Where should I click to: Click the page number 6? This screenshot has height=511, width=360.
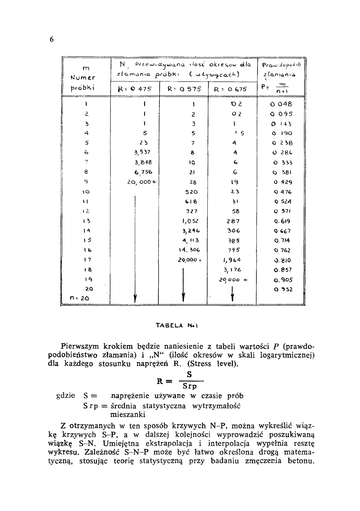51,40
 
